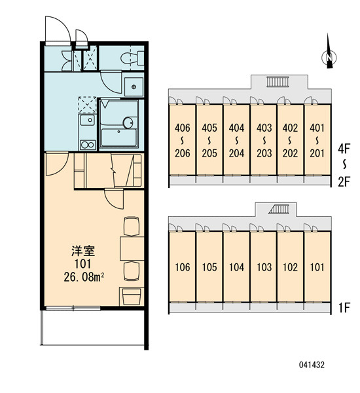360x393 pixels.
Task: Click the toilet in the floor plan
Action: pos(132,58)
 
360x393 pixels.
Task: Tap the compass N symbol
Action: pos(329,58)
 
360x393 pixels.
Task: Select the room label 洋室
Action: pos(83,251)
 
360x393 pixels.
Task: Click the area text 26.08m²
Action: pos(84,277)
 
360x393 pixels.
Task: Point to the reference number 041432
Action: pos(312,365)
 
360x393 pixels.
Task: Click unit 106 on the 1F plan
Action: pos(183,267)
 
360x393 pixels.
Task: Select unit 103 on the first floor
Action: pos(264,267)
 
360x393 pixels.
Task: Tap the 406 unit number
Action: pos(183,128)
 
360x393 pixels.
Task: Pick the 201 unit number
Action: pos(317,153)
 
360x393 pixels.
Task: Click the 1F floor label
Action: pos(344,308)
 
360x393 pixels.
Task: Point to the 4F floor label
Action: pos(344,149)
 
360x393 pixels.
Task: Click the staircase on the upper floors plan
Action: pos(278,81)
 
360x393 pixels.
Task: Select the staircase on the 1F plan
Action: pos(279,209)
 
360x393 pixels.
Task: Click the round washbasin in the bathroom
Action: pos(129,122)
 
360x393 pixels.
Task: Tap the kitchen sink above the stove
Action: pos(88,121)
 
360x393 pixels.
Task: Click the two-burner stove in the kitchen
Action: pos(88,145)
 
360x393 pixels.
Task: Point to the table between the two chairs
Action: pos(132,248)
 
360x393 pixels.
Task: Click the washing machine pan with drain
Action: pos(134,87)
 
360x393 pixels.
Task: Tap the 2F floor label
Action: pos(344,182)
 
